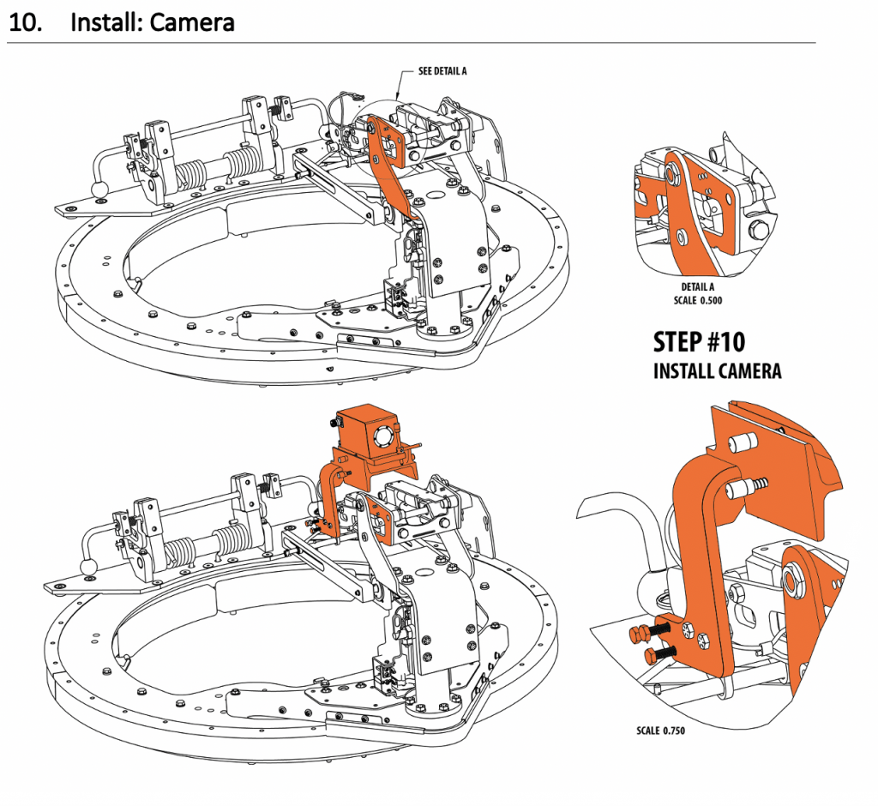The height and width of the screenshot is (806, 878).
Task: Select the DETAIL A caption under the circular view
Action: (698, 287)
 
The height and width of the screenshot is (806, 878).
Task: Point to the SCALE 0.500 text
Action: (698, 300)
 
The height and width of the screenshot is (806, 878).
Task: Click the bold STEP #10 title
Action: (699, 342)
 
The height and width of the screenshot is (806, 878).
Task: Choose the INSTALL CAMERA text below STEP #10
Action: (717, 371)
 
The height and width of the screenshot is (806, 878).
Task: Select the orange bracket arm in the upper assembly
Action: (390, 167)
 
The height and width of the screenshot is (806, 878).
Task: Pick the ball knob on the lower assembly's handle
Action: (88, 567)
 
